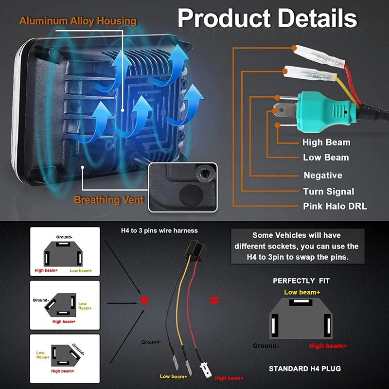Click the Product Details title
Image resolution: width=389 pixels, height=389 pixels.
[x=267, y=18]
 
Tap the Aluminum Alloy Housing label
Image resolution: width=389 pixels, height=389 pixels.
[x=78, y=21]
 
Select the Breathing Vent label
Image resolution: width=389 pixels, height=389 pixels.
[x=109, y=200]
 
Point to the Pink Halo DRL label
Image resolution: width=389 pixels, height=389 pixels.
[x=335, y=206]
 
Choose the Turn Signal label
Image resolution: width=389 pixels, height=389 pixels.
[x=328, y=191]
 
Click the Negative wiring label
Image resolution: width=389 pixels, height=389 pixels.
[x=323, y=175]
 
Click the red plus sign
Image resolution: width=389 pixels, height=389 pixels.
[x=144, y=300]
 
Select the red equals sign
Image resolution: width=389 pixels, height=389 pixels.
[x=214, y=300]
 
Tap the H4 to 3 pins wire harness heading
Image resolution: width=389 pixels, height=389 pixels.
[x=159, y=230]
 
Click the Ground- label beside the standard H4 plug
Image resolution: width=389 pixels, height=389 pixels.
[x=265, y=346]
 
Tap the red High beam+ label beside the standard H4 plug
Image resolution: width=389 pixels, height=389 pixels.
[x=328, y=346]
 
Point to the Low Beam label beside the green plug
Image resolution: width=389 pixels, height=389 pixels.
[x=326, y=158]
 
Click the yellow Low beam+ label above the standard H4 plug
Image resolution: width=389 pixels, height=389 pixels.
[x=302, y=292]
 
